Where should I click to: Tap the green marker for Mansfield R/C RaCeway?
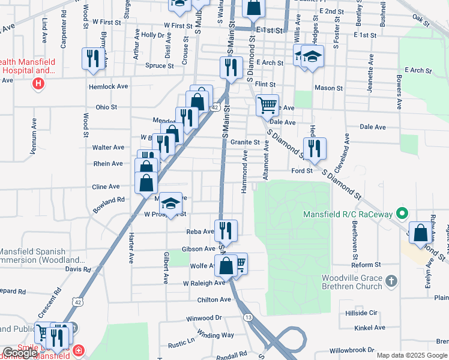coord(404,212)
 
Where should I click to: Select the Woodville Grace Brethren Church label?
coord(352,282)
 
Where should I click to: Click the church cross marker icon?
coord(391,280)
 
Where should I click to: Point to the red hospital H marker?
coord(38,83)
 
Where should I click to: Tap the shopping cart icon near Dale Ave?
coord(267,105)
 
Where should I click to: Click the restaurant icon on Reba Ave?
coord(226,230)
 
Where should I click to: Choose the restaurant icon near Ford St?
coord(315,148)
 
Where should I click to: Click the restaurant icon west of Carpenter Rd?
coord(92,58)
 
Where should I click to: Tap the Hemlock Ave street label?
coord(109,86)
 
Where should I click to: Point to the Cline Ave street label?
coord(106,187)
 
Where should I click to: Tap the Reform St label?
coord(363,265)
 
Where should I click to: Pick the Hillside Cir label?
coord(361,313)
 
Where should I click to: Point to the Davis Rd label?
coord(78,269)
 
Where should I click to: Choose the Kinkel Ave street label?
coord(370,328)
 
